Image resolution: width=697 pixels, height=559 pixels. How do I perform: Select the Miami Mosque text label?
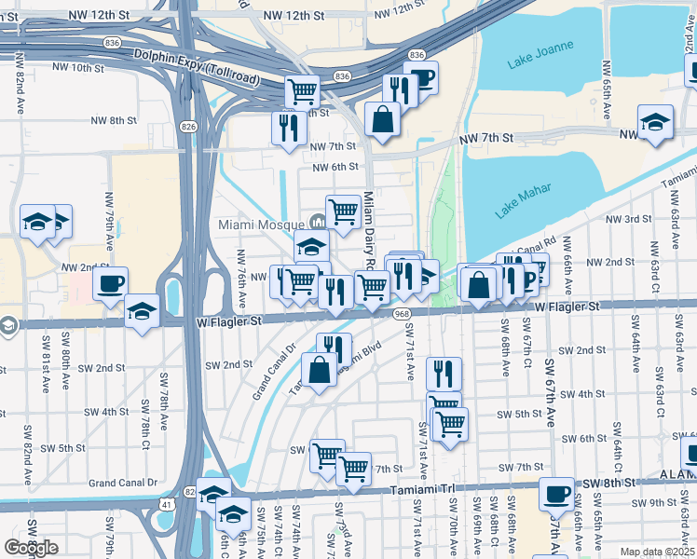pos(261,225)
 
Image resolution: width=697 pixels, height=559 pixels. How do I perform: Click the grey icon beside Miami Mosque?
pos(317,222)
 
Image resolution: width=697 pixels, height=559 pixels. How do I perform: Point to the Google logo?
pos(31,548)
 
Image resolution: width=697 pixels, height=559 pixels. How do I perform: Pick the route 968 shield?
pos(402,315)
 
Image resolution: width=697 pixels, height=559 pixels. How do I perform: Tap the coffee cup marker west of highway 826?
pos(110,284)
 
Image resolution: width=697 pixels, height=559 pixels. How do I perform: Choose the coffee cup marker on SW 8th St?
pos(557,495)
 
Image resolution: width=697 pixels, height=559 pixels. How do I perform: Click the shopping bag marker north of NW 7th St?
pos(382,119)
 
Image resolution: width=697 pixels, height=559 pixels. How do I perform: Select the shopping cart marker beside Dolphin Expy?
pos(302,92)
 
